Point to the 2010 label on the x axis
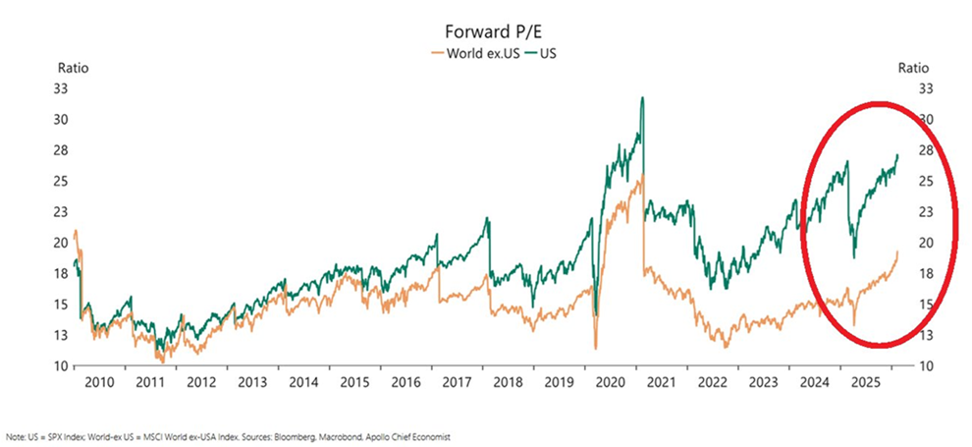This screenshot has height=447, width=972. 101,382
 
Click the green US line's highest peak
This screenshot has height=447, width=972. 641,97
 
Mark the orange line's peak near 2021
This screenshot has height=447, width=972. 641,176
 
